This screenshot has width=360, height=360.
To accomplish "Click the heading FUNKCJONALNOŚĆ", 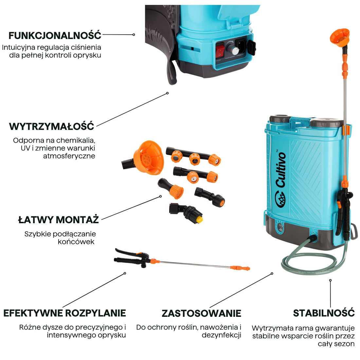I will click(55, 35).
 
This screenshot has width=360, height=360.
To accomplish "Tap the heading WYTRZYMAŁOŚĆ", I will click(52, 126).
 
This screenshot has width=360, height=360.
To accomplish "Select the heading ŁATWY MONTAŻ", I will click(58, 219).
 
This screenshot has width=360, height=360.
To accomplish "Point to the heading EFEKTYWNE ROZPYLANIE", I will click(64, 313).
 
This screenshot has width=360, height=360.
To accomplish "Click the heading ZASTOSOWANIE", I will click(201, 313).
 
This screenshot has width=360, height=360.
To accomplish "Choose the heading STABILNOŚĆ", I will click(324, 313).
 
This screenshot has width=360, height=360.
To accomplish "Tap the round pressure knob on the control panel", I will click(234, 50).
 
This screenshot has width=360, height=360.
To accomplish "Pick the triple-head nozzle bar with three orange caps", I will click(193, 156).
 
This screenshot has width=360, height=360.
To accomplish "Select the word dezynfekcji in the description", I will click(221, 335).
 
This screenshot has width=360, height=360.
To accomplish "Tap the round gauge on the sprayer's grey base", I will click(279, 226).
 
